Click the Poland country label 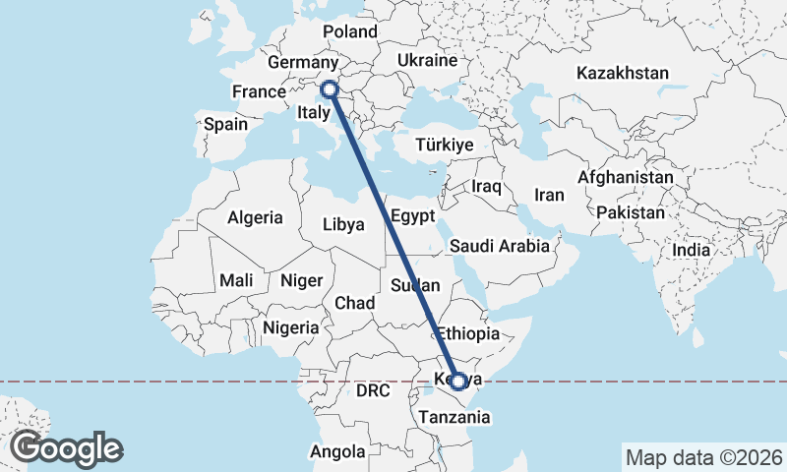tap(350, 31)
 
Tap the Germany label tap(303, 63)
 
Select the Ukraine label tap(428, 61)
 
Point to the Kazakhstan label tap(623, 74)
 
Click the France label tap(258, 92)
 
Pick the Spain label tap(225, 125)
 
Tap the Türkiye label tap(445, 145)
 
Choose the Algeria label tap(255, 218)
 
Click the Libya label tap(343, 224)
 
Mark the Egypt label tap(412, 215)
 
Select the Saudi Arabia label tap(500, 246)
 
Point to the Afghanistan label tap(626, 178)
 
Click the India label tap(691, 251)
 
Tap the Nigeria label tap(291, 327)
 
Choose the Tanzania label tap(454, 417)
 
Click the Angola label tap(337, 452)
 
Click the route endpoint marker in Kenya tap(457, 381)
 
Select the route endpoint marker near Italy tap(329, 89)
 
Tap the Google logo tap(66, 448)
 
